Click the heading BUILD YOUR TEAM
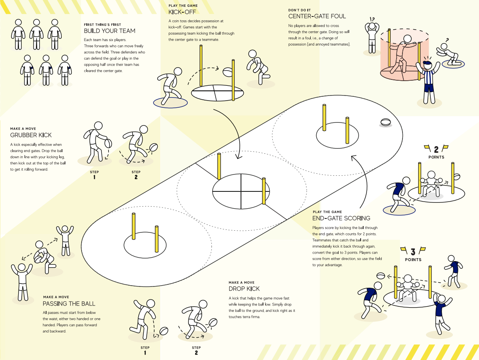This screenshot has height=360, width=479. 109,31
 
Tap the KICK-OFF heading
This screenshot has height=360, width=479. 182,12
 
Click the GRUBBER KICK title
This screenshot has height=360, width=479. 31,135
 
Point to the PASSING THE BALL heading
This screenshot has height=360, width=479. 69,304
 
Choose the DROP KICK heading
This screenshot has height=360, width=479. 244,289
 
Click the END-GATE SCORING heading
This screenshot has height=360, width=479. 341,218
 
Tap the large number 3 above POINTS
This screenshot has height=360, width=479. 413,252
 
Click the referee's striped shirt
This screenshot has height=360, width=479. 427,76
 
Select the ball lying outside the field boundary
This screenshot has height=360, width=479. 386,122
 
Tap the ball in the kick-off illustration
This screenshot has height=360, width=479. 228,72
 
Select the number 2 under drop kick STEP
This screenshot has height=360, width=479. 196,352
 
